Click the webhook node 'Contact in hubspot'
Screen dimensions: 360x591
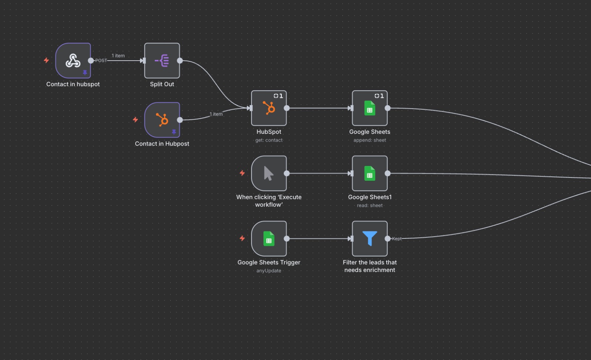click(73, 61)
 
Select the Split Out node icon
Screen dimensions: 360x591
click(162, 61)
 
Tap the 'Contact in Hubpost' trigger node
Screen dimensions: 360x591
click(162, 120)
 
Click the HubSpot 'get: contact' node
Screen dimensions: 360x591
click(269, 108)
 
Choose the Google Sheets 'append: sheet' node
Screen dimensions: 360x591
click(370, 108)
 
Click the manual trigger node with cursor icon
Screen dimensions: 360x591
click(269, 173)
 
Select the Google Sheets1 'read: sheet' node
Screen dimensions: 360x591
click(370, 173)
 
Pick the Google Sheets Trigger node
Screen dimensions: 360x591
click(269, 239)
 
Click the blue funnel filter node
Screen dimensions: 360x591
click(370, 239)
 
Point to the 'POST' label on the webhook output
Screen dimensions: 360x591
click(101, 61)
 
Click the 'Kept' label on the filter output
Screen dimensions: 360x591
click(397, 239)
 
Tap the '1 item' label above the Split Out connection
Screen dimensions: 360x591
click(118, 56)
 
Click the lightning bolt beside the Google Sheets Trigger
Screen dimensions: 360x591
click(242, 238)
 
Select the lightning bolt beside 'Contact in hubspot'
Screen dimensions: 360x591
click(47, 60)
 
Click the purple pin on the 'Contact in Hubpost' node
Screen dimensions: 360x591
click(174, 132)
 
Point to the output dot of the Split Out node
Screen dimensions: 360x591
click(180, 61)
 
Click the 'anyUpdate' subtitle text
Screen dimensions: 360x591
click(269, 271)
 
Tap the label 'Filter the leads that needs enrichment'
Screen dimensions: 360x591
click(370, 266)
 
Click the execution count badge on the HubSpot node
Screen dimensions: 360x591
click(278, 96)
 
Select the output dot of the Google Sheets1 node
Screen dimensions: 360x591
click(387, 173)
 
